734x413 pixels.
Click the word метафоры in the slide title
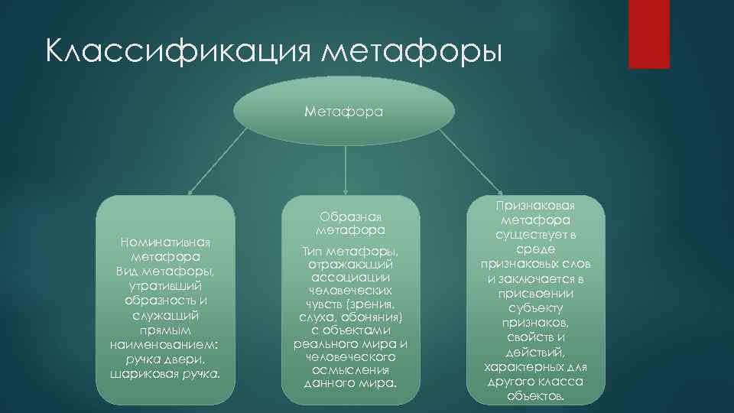point(412,54)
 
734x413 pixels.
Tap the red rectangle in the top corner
point(648,34)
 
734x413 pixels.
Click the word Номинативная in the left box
point(166,243)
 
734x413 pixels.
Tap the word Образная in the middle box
point(350,216)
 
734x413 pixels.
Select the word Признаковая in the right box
point(535,206)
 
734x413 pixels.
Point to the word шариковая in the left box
point(141,374)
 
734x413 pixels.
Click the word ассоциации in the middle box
point(349,278)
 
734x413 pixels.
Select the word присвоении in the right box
point(535,293)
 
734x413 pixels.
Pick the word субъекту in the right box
point(535,308)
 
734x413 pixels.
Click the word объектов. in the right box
point(535,396)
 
